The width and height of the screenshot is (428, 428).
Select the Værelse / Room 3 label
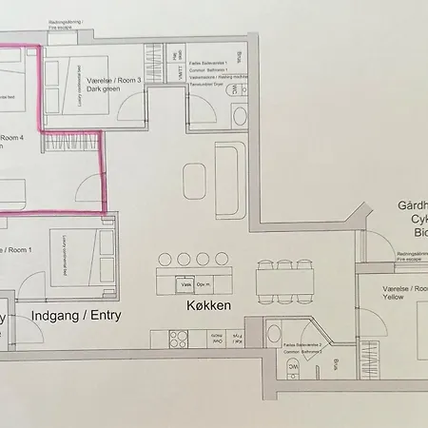[x=113, y=81]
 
